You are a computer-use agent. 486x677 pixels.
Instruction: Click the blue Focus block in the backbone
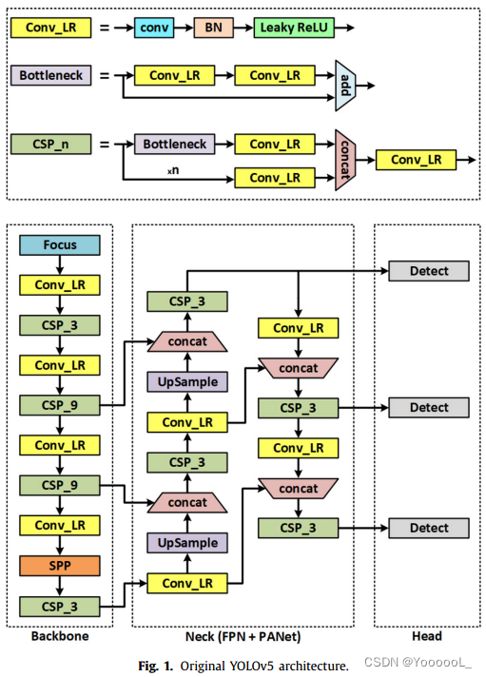59,245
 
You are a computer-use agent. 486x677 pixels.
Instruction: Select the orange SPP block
59,565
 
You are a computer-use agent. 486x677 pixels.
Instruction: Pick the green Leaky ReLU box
294,29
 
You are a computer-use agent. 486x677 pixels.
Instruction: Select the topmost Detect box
428,271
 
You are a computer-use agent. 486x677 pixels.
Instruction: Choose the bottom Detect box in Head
428,528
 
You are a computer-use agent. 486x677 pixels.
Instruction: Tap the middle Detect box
428,407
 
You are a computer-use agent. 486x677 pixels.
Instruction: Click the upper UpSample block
187,381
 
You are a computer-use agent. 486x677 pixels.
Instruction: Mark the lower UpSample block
187,543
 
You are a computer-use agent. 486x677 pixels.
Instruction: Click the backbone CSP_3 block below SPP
59,605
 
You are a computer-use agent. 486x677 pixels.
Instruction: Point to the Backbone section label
59,636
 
